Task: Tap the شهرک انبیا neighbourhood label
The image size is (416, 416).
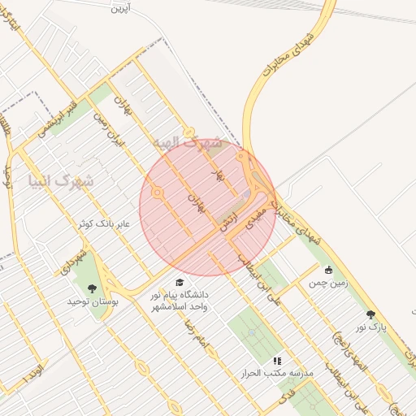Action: tap(61, 180)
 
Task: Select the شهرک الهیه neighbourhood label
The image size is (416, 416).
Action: tap(187, 143)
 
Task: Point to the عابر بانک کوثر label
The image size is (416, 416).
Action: tap(106, 222)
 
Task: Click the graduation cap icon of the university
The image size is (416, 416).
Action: tap(180, 282)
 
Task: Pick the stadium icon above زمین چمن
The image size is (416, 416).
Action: tap(328, 271)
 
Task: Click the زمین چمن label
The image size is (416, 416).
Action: tap(328, 284)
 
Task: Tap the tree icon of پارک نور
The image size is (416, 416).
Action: tap(371, 314)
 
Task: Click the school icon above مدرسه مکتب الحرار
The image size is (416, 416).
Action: tap(277, 360)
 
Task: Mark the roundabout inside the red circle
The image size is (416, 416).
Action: tap(158, 193)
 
